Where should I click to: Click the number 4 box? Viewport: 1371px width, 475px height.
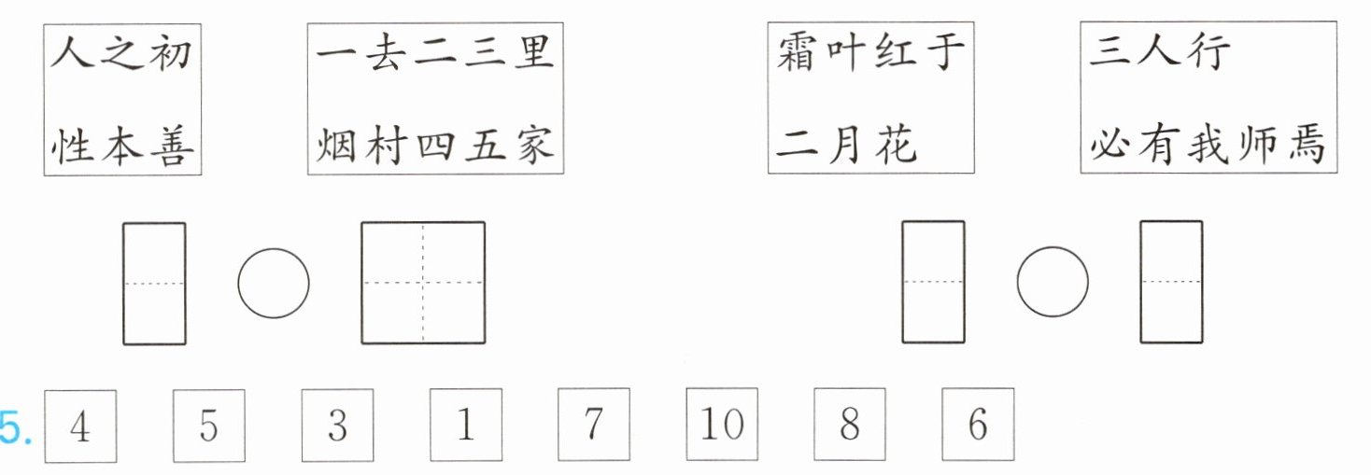[x=80, y=426]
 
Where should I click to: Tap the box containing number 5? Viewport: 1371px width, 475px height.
[x=209, y=426]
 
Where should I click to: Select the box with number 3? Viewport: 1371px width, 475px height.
[x=337, y=426]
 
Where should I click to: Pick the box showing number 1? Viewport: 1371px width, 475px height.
[x=465, y=426]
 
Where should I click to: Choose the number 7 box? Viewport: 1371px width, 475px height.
[x=593, y=426]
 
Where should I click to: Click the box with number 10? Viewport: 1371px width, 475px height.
[x=722, y=426]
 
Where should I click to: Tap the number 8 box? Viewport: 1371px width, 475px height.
[x=849, y=426]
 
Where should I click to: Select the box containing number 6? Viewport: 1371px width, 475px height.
[x=977, y=426]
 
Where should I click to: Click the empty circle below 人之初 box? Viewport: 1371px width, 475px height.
[x=274, y=282]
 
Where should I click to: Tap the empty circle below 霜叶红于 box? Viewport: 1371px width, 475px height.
[x=1053, y=282]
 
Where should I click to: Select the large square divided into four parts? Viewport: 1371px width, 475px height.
[x=423, y=282]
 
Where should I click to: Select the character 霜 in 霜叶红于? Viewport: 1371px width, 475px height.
[x=798, y=53]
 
